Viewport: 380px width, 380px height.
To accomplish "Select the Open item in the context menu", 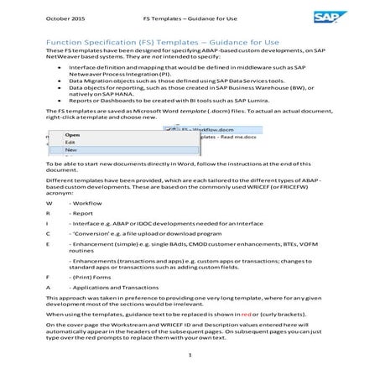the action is pos(72,134).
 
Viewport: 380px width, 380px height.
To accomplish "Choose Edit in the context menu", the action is pos(71,142).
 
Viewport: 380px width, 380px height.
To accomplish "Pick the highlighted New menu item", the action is pos(72,150).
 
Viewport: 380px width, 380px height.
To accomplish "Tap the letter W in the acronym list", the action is pos(49,204).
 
